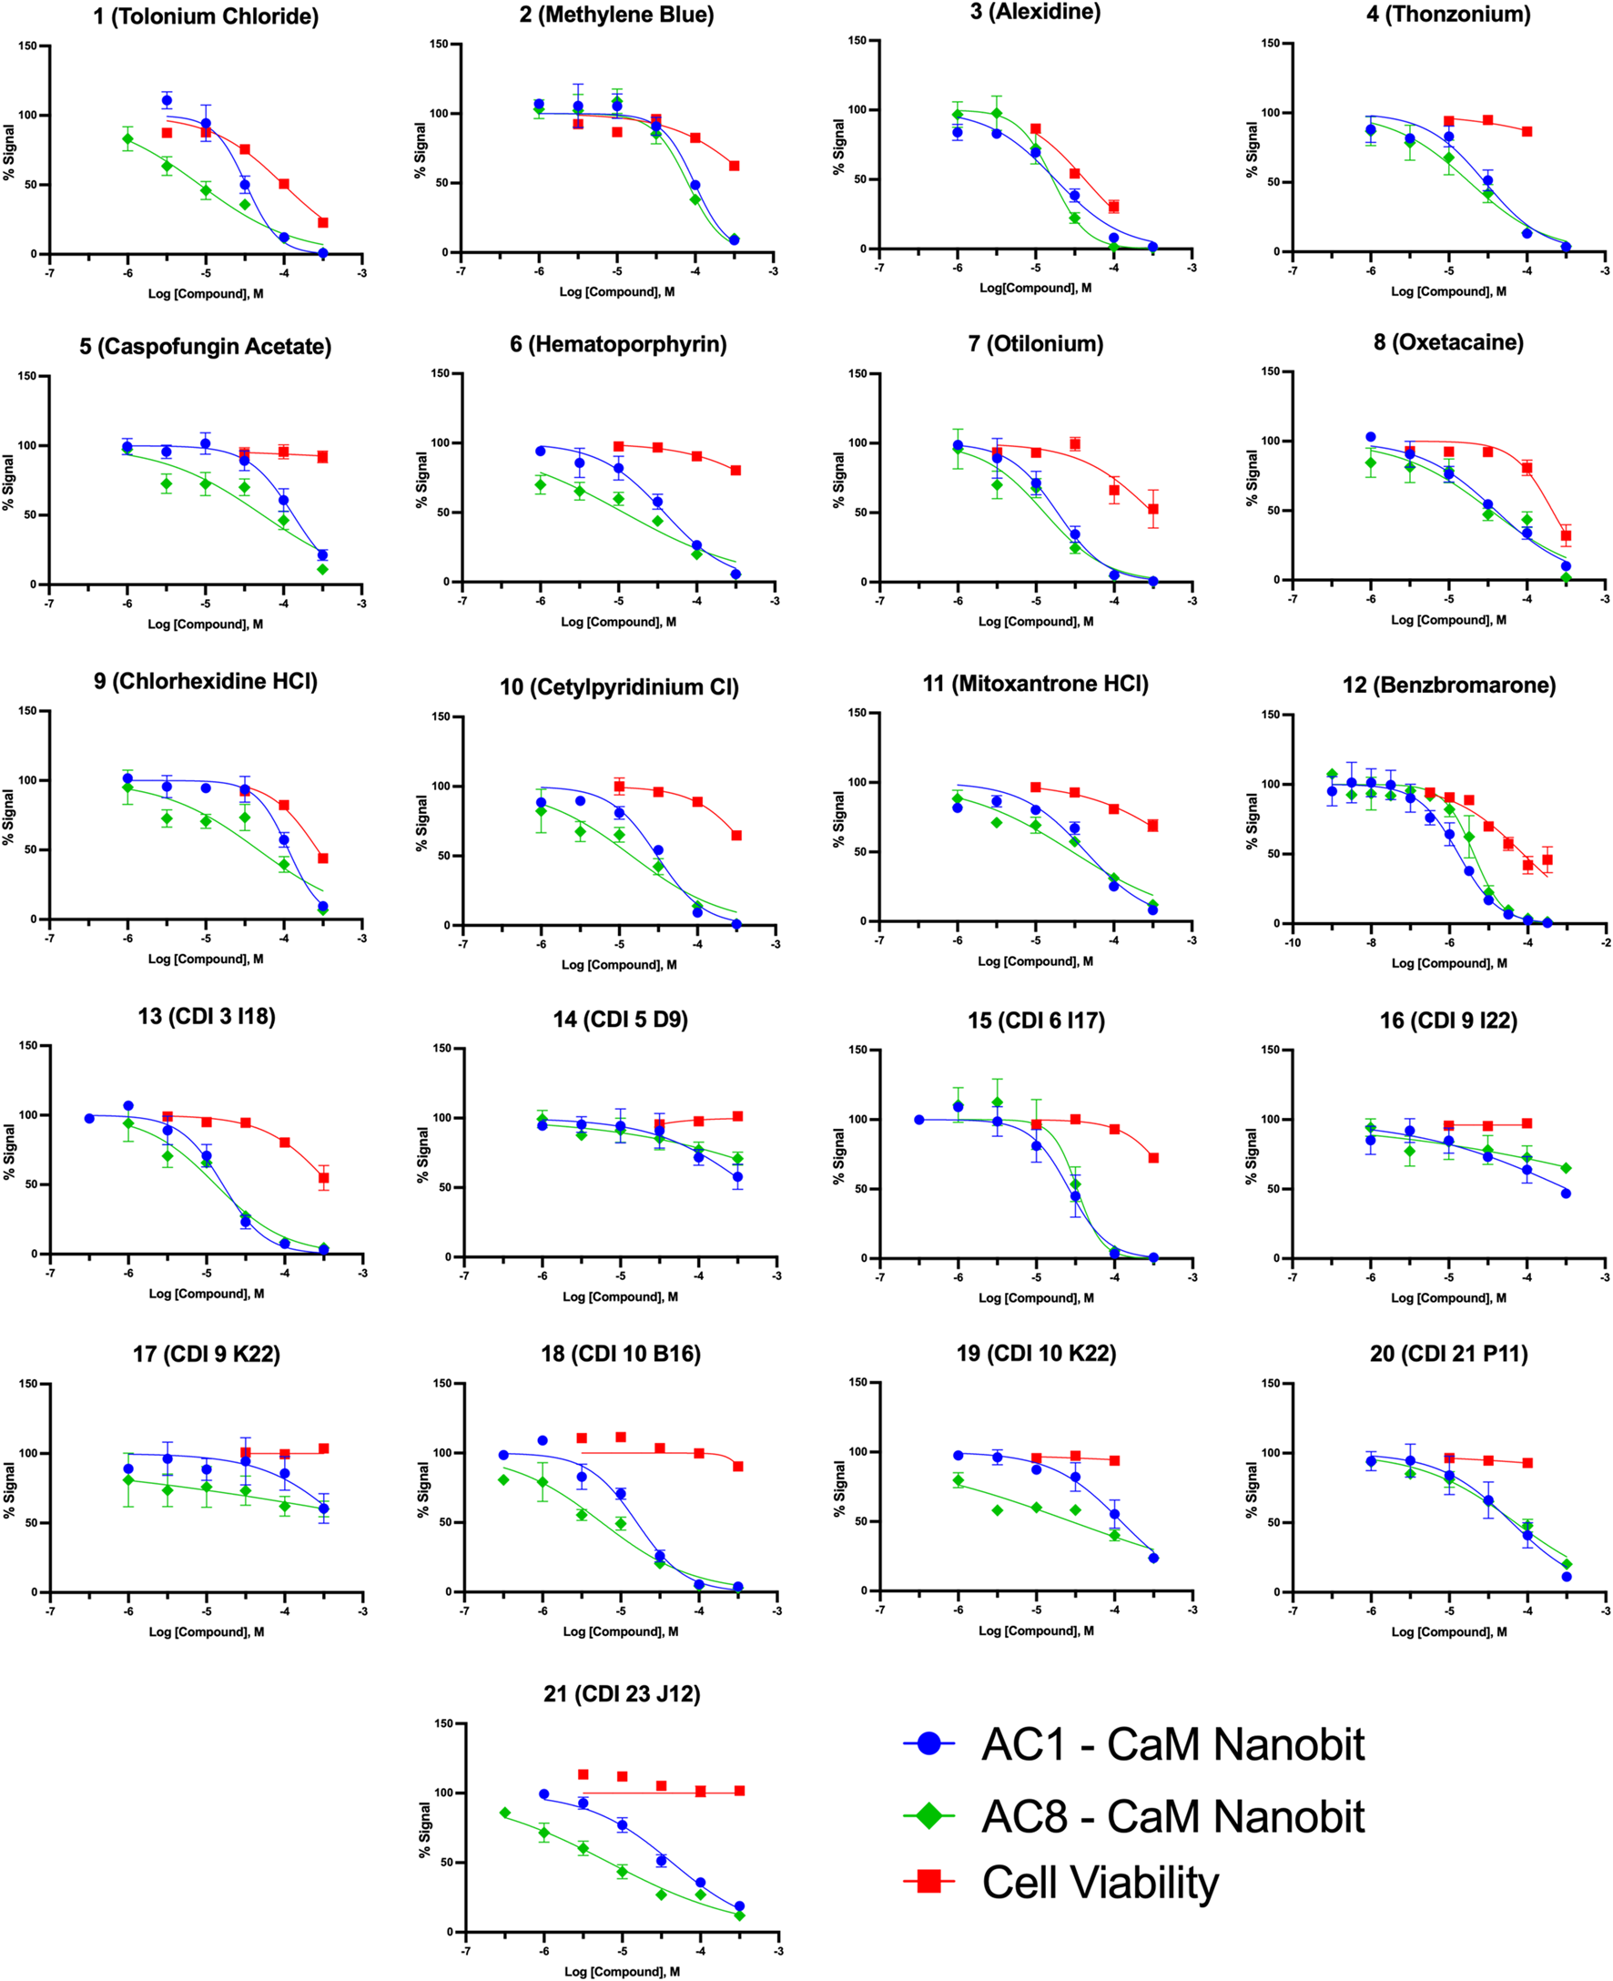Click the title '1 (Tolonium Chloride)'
click(x=206, y=16)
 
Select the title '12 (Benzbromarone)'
click(x=1448, y=685)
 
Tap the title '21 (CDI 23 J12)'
click(x=622, y=1694)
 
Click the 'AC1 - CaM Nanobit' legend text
click(x=1172, y=1744)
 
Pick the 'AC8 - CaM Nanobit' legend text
click(x=1172, y=1816)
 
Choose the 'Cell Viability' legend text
click(x=1101, y=1883)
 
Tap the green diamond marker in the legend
click(x=928, y=1815)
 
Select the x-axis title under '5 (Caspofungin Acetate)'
click(x=206, y=625)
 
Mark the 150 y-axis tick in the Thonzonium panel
click(x=1271, y=43)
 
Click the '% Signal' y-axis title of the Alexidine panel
click(x=839, y=147)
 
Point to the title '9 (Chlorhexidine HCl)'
click(x=206, y=681)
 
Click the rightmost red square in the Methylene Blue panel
click(x=734, y=167)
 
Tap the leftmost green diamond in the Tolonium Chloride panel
click(x=128, y=139)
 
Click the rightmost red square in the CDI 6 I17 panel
click(x=1153, y=1158)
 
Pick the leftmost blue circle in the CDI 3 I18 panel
click(x=89, y=1119)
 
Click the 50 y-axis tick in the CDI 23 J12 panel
click(x=447, y=1862)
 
